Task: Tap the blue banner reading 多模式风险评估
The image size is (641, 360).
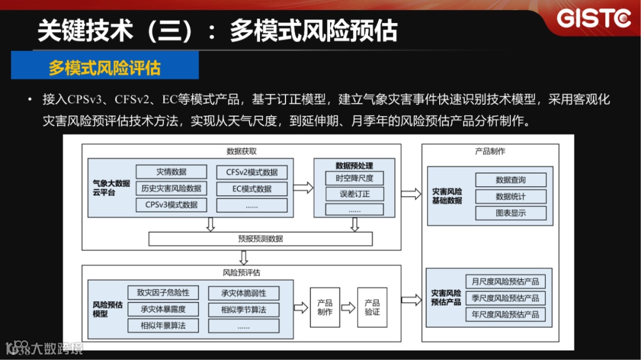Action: [x=104, y=66]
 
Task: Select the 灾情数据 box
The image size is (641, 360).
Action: [x=172, y=172]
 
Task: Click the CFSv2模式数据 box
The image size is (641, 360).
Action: [x=252, y=172]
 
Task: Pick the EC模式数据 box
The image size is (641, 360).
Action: [x=252, y=189]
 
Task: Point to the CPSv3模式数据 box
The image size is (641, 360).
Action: [x=172, y=205]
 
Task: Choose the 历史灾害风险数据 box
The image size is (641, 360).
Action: [x=172, y=189]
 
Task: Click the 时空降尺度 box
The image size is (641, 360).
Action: [x=355, y=178]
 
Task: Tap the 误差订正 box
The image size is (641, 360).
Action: [x=355, y=194]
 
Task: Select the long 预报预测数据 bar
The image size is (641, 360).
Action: [x=261, y=238]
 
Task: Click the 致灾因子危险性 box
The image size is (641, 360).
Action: [x=163, y=293]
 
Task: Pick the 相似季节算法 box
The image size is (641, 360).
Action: [x=243, y=310]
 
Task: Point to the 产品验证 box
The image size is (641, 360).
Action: [x=372, y=307]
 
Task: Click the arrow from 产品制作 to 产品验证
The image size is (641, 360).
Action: [x=348, y=307]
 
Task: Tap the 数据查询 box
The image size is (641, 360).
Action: [x=510, y=180]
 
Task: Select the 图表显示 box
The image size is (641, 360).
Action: [x=510, y=213]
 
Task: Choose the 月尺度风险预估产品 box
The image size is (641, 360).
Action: [x=505, y=281]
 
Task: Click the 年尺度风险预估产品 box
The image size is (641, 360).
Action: [x=505, y=314]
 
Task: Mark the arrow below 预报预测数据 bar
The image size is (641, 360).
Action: [x=243, y=257]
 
